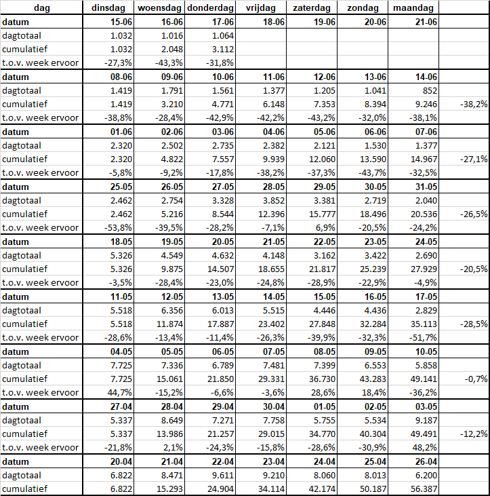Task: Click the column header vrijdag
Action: coord(261,8)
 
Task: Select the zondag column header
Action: coord(363,8)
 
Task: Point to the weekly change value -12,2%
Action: coord(472,434)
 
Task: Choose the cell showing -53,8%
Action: coord(114,228)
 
